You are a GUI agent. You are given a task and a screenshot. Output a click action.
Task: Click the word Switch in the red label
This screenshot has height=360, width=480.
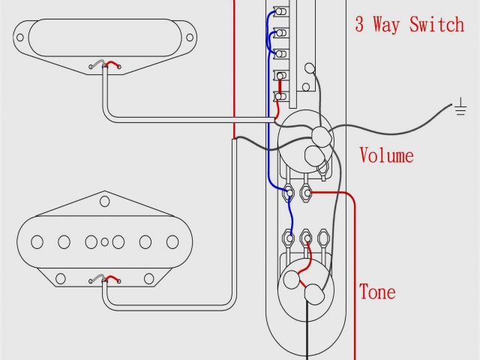[436, 25]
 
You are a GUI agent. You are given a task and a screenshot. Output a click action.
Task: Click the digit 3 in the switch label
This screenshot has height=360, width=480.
[361, 25]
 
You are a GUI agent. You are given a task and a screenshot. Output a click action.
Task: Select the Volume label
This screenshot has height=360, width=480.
[386, 156]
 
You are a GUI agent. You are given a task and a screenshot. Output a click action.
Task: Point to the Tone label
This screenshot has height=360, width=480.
[376, 292]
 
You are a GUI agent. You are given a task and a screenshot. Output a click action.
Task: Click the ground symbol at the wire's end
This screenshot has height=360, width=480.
[459, 109]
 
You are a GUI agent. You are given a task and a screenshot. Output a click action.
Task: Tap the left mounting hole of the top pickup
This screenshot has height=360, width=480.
[23, 34]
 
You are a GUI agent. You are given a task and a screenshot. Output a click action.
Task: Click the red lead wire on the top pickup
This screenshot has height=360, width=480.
[112, 64]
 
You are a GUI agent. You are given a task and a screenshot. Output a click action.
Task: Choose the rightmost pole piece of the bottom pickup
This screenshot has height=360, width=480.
[172, 241]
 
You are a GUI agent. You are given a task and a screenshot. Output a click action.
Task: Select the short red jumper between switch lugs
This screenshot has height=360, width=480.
[280, 86]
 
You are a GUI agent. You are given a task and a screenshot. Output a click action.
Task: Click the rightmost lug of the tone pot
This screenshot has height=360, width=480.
[324, 239]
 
